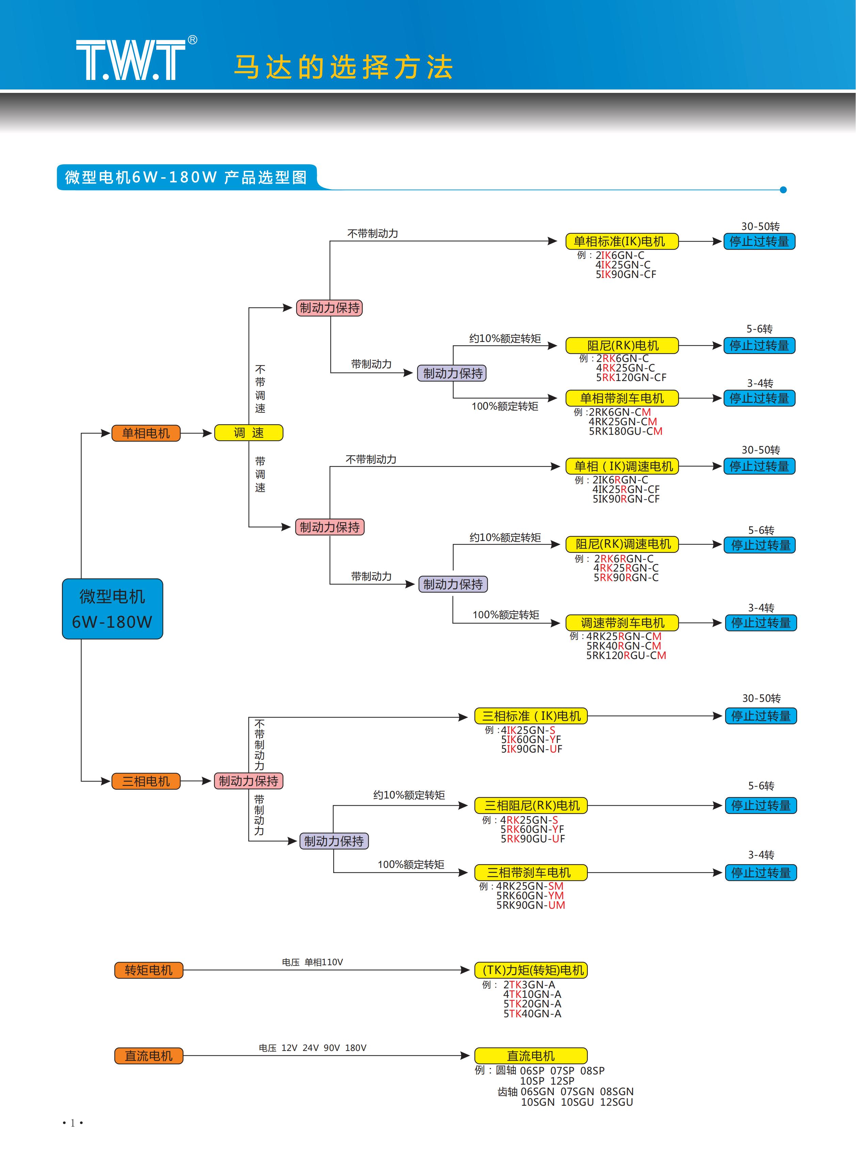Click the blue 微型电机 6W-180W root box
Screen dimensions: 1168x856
(112, 609)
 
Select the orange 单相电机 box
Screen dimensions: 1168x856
(146, 433)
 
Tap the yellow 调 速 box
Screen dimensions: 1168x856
(249, 432)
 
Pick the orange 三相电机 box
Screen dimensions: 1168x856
(146, 781)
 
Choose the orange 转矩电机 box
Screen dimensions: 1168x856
(149, 970)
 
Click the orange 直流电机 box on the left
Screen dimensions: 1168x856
(149, 1056)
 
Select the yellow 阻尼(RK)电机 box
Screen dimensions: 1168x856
(622, 345)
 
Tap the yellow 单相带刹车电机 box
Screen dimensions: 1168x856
(622, 398)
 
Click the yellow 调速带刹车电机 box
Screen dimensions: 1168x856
(622, 623)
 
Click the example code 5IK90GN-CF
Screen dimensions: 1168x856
(626, 275)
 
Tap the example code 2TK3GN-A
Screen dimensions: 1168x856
(529, 985)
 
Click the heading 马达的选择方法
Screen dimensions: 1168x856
(343, 67)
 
